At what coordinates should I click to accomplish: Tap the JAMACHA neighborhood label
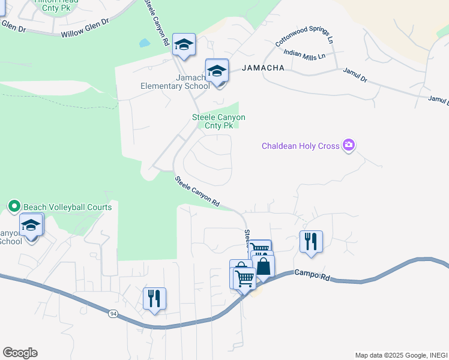tap(263, 68)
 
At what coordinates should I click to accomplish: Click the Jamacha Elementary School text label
tap(175, 82)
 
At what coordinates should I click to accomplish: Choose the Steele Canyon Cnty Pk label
tap(218, 121)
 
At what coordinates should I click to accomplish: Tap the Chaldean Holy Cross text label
tap(300, 146)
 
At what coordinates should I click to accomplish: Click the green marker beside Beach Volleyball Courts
tap(15, 207)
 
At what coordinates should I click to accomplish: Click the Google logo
tap(20, 353)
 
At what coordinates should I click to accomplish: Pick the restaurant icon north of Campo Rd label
tap(311, 241)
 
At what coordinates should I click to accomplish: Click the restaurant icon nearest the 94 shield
tap(154, 298)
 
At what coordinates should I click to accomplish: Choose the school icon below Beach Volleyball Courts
tap(31, 225)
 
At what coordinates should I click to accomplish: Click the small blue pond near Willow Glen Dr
tap(144, 43)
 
